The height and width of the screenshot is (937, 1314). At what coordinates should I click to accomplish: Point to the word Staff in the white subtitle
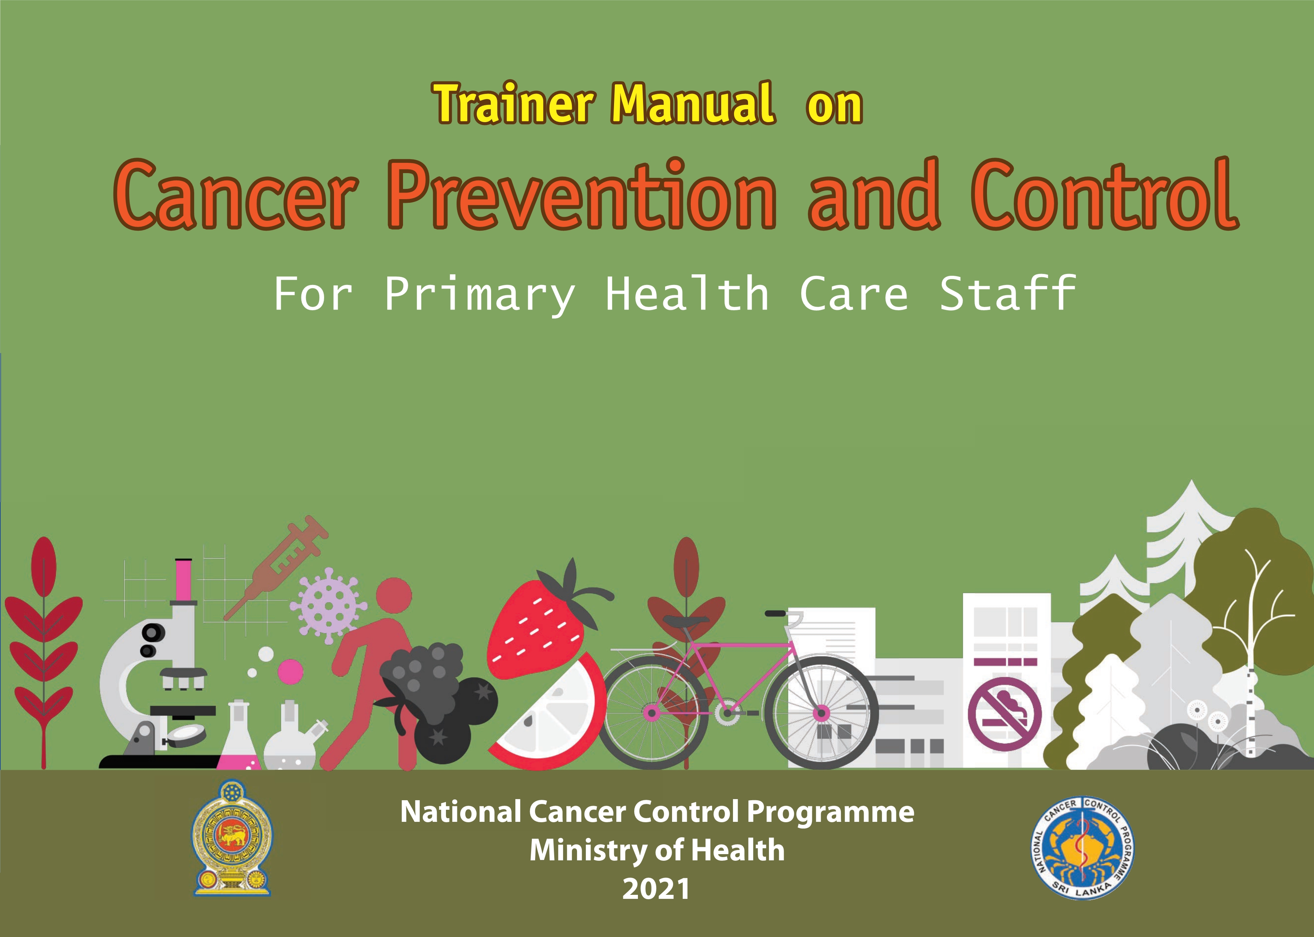point(1008,294)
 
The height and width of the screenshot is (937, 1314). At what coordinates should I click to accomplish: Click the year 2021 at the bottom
point(656,889)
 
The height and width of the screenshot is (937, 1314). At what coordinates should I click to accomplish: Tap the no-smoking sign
point(1005,714)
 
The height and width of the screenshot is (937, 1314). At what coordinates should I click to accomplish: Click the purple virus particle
point(327,605)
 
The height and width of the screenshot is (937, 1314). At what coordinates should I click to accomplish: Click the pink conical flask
point(239,736)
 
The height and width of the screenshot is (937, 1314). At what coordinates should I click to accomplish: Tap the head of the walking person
point(394,596)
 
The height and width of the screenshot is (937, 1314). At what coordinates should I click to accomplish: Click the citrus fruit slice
point(545,715)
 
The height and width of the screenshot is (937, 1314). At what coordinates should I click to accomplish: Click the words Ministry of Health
point(657,850)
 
